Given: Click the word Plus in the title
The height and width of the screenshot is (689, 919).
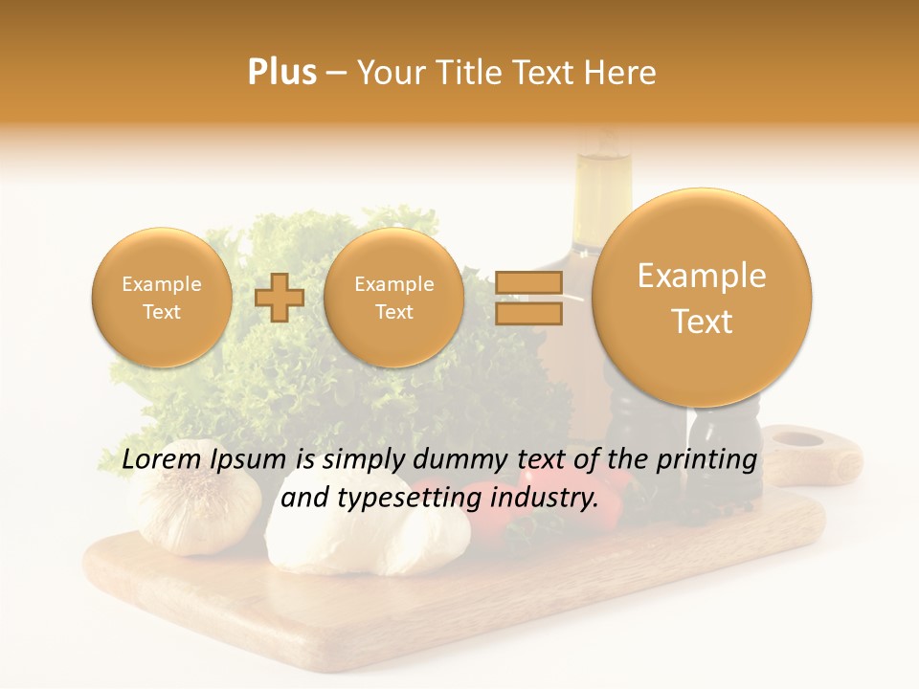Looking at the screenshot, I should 281,72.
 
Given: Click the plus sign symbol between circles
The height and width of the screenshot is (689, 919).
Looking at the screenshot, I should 279,298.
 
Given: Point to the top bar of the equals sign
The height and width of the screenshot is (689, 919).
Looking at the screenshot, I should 528,282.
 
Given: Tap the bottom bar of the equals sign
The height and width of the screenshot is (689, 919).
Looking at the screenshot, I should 528,313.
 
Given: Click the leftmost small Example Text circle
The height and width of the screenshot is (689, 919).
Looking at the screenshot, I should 162,298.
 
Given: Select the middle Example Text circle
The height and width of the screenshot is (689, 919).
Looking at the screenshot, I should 393,298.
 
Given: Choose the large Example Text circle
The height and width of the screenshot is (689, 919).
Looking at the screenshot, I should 702,298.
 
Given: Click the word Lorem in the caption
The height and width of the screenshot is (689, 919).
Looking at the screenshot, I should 162,460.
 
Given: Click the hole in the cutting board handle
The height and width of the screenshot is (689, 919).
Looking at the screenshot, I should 797,440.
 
